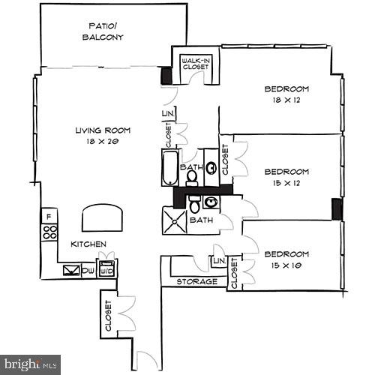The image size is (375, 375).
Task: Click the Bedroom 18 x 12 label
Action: [x=286, y=94]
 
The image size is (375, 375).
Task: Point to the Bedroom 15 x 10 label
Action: [x=286, y=259]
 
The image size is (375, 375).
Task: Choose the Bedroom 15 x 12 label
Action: [x=286, y=176]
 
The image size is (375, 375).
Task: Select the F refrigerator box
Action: [x=49, y=217]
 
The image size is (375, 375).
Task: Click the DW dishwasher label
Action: [x=89, y=270]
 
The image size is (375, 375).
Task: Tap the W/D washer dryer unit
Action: [x=106, y=269]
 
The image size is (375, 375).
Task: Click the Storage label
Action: [x=196, y=282]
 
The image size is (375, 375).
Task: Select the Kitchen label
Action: [x=88, y=244]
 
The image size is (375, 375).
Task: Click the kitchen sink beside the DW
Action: [x=73, y=270]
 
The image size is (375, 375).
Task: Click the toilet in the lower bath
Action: [x=194, y=203]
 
